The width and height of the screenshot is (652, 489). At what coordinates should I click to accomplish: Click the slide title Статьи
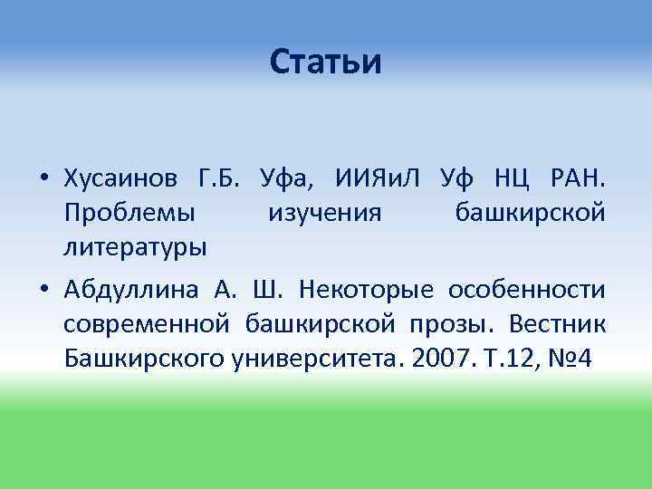[x=326, y=62]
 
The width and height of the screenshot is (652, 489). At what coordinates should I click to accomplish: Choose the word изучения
[x=325, y=213]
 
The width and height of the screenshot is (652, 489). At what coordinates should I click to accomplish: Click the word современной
[x=145, y=323]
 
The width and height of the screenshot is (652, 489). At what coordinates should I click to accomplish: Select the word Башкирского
[x=135, y=358]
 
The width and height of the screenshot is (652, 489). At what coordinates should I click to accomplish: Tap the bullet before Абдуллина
[x=43, y=290]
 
